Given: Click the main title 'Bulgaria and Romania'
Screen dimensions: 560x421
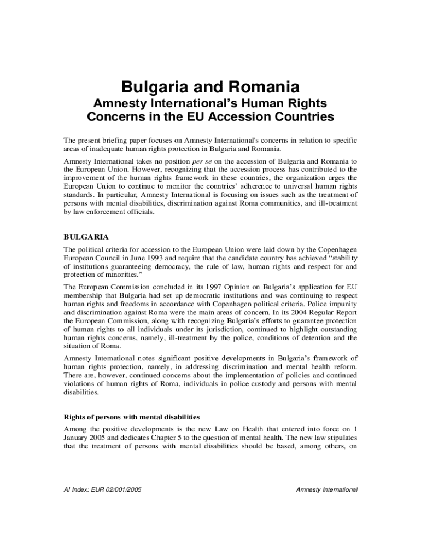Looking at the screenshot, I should point(210,87).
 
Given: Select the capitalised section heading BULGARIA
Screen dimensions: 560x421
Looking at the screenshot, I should point(86,237).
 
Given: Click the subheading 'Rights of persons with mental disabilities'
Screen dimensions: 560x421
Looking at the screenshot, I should point(131,417).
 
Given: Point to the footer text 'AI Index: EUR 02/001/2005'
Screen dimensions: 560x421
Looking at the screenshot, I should point(103,489).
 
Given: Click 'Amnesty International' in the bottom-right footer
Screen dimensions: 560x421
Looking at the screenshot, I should point(326,489).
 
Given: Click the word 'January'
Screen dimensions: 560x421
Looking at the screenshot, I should point(77,437).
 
